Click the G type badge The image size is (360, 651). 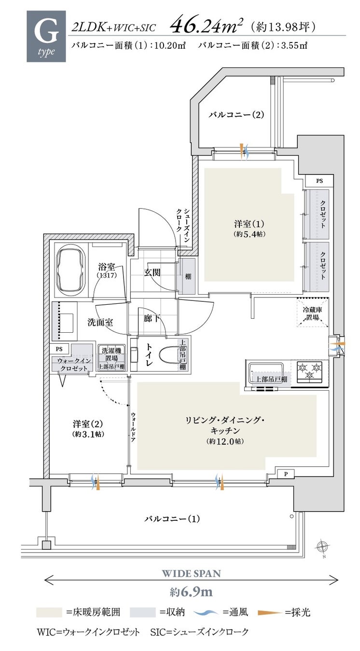46,36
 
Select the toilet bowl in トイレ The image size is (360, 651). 168,354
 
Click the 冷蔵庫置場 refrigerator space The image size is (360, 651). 313,312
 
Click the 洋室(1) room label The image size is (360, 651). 249,228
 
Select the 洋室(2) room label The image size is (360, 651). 88,428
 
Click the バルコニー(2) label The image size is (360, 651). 236,114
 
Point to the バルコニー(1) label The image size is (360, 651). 172,518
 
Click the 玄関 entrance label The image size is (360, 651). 152,272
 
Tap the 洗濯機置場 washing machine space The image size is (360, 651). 111,358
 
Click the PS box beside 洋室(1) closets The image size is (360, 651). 319,181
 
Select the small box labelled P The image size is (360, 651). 286,474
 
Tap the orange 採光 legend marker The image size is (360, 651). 270,613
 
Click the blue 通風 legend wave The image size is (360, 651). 206,612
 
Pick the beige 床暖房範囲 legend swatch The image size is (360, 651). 49,612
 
